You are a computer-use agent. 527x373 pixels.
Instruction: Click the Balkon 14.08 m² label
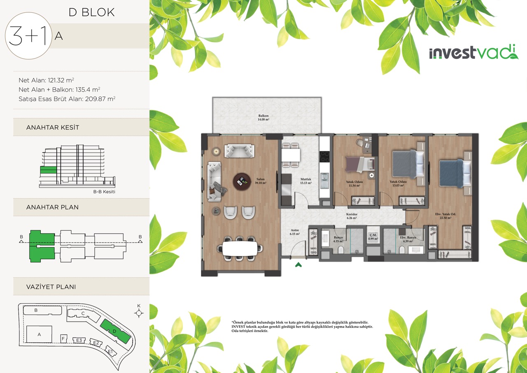pyautogui.click(x=263, y=117)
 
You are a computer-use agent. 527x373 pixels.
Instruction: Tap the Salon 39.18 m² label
pyautogui.click(x=261, y=181)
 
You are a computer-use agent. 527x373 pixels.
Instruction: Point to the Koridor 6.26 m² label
pyautogui.click(x=352, y=216)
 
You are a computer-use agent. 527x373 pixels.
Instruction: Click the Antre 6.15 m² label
pyautogui.click(x=294, y=232)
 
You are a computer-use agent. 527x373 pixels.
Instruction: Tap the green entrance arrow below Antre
pyautogui.click(x=298, y=265)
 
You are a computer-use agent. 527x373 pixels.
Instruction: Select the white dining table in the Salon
pyautogui.click(x=240, y=249)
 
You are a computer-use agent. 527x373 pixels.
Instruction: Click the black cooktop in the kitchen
pyautogui.click(x=325, y=157)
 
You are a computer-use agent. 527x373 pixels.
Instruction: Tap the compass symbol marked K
pyautogui.click(x=139, y=313)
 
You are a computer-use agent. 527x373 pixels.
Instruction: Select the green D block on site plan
pyautogui.click(x=115, y=331)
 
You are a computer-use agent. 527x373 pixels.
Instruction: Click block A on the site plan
pyautogui.click(x=39, y=334)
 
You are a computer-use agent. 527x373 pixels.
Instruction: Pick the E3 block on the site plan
pyautogui.click(x=79, y=340)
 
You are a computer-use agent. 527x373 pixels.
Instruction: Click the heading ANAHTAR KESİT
pyautogui.click(x=53, y=127)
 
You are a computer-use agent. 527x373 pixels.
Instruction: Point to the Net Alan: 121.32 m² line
pyautogui.click(x=47, y=80)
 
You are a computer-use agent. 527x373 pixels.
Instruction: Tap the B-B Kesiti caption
pyautogui.click(x=104, y=192)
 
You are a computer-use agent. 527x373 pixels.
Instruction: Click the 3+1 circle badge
pyautogui.click(x=28, y=35)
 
